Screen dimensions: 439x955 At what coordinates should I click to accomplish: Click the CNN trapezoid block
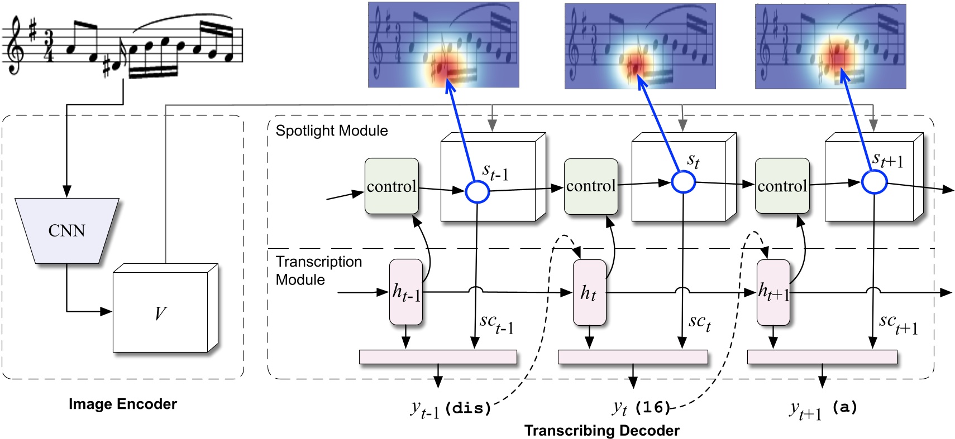tap(67, 230)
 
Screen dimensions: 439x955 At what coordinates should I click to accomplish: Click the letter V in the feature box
tap(160, 313)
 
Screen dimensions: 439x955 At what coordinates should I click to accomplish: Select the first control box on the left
tap(391, 186)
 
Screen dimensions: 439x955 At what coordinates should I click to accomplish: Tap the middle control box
tap(591, 186)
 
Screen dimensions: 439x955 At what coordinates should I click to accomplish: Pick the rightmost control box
tap(782, 186)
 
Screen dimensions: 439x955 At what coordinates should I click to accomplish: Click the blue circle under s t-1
tap(477, 192)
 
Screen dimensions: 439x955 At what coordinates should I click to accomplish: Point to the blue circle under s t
tap(683, 182)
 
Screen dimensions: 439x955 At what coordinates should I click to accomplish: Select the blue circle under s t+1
tap(874, 182)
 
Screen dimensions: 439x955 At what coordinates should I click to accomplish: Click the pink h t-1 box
tap(406, 292)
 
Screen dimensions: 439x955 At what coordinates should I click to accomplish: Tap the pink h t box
tap(589, 292)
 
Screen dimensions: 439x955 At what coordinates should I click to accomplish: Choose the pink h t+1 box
tap(773, 292)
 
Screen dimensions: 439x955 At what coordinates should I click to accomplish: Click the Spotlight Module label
tap(332, 131)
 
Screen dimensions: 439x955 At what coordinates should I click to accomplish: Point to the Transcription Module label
tap(319, 271)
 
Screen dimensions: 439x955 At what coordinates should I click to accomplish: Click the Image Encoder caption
tap(123, 404)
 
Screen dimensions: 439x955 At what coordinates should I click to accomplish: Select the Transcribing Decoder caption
tap(601, 430)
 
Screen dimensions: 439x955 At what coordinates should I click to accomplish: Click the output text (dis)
tap(468, 408)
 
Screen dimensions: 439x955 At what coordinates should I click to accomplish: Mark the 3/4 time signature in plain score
tap(49, 46)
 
